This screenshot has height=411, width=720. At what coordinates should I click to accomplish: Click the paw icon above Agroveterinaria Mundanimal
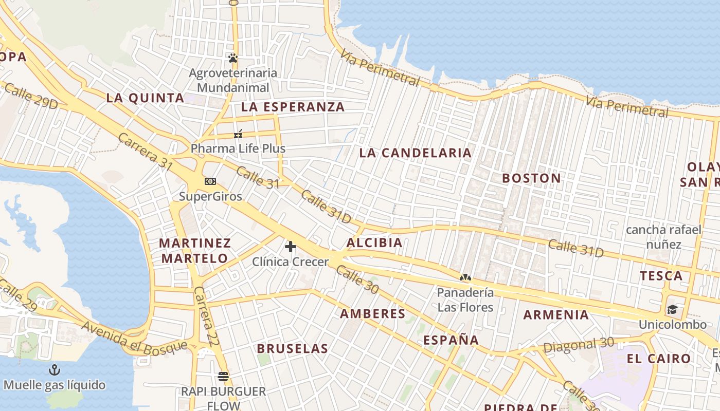coord(233,58)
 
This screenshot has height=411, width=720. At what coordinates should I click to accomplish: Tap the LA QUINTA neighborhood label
coord(145,98)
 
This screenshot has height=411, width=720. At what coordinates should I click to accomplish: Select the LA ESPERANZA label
coord(293,107)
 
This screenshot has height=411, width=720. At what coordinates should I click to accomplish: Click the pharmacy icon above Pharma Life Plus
coord(238,134)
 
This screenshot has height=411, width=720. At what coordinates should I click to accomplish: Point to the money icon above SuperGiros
coord(210,181)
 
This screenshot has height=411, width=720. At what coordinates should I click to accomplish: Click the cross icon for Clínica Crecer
coord(291,247)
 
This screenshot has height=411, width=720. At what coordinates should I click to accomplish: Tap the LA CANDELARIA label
coord(415,153)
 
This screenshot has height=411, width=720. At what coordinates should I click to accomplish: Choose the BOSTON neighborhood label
coord(531,178)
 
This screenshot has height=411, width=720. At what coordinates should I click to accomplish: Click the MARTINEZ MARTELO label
coord(195,250)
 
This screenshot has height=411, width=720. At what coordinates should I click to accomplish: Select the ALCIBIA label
coord(374,243)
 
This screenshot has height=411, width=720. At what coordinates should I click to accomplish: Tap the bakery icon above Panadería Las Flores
coord(465,278)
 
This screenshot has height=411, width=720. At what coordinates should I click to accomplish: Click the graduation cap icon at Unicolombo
coord(672,310)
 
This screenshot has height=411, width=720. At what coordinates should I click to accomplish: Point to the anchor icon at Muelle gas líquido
coord(54,369)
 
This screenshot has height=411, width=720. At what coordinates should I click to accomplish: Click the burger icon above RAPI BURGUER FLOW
coord(223,377)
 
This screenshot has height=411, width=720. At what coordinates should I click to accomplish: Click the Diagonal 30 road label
coord(579,346)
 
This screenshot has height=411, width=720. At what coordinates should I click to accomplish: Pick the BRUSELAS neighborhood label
coord(292,348)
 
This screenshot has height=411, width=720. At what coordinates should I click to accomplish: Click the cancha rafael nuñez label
coord(663,236)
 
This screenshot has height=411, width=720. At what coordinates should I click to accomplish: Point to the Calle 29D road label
coord(30,96)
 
